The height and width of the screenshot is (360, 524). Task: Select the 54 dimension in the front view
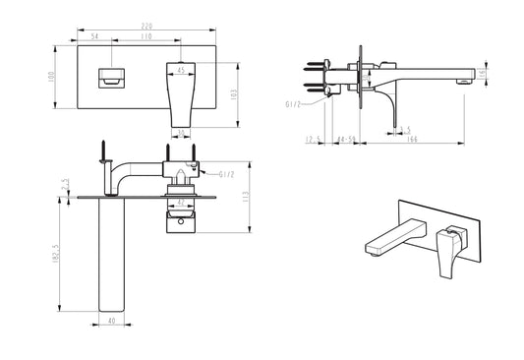coord(95,35)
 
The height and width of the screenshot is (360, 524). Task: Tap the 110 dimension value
coord(146,35)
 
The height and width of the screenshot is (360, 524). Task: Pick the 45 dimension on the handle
coord(181,70)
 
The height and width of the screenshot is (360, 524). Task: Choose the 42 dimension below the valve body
coord(179,204)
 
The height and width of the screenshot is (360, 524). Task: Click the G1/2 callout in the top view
coord(225,175)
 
